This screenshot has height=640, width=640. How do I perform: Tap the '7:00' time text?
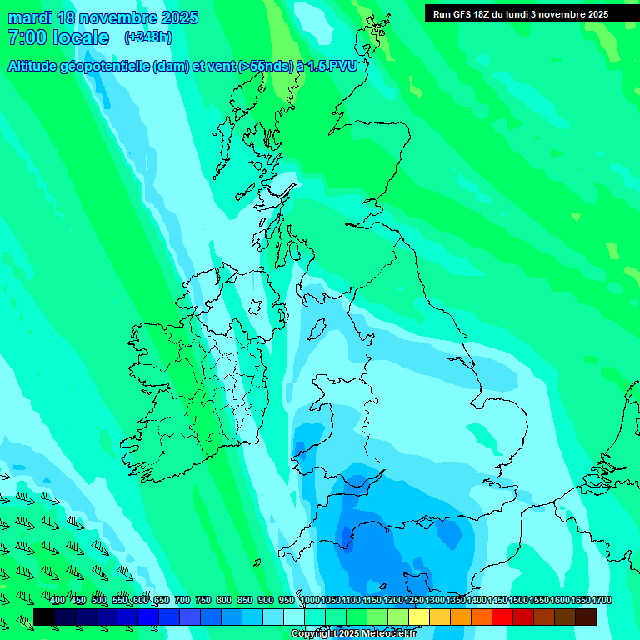(27, 37)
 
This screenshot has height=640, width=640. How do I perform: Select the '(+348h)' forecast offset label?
(148, 37)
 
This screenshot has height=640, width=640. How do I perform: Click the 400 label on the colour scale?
(57, 601)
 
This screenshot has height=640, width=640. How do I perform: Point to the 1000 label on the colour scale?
(310, 601)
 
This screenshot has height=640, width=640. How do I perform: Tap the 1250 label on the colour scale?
(414, 601)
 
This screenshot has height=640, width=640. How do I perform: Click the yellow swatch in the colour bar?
(419, 617)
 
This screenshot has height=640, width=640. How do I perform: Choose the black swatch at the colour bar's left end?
(44, 617)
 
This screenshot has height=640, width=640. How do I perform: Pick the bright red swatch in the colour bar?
(502, 617)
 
